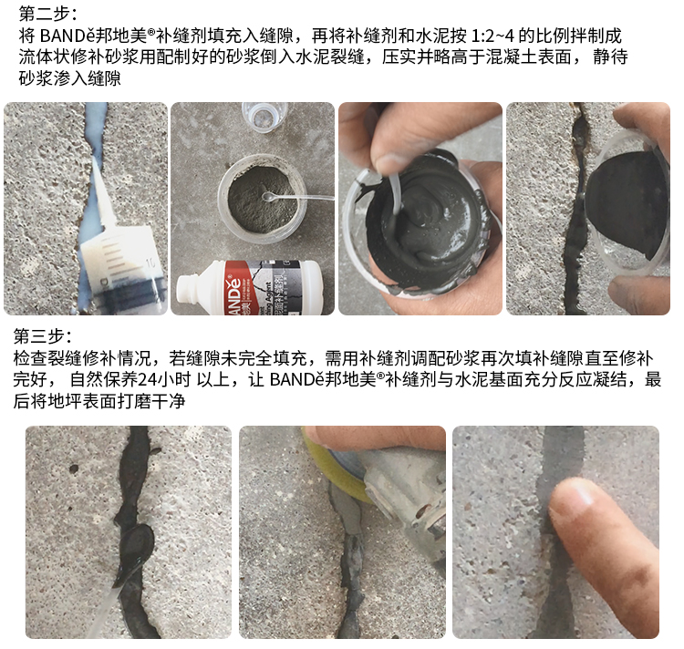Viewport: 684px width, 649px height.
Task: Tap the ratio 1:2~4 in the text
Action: click(x=492, y=36)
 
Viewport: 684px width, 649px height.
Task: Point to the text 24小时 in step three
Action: click(x=164, y=379)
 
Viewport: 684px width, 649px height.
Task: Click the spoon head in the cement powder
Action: click(x=268, y=197)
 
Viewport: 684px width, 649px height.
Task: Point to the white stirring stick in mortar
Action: click(x=394, y=191)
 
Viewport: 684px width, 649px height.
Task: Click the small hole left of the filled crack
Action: click(x=74, y=469)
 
